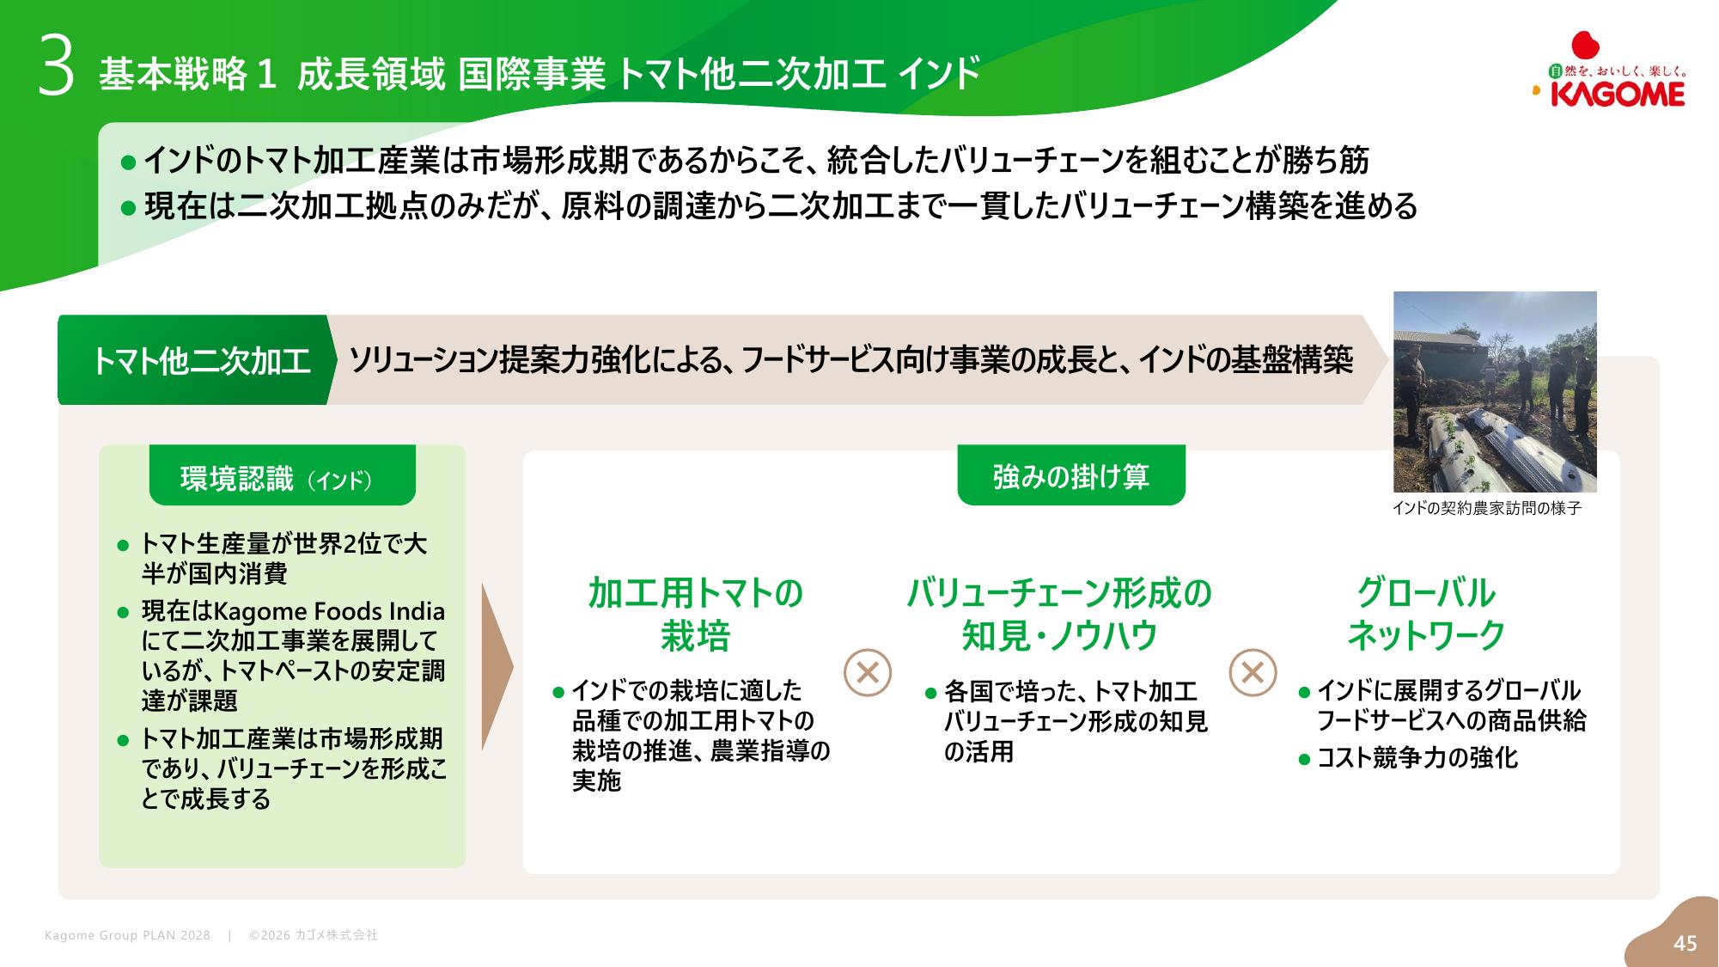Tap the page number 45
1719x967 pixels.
(x=1685, y=943)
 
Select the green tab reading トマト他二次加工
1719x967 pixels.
(x=196, y=360)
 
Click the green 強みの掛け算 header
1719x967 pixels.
(x=1071, y=475)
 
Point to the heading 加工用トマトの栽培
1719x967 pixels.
(x=695, y=614)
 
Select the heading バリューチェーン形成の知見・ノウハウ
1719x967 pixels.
(x=1059, y=614)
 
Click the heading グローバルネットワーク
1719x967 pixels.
(x=1426, y=614)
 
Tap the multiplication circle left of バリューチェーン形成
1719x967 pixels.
(x=868, y=672)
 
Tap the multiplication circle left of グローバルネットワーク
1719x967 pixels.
(x=1253, y=672)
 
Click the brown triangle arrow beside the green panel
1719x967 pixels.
(x=497, y=667)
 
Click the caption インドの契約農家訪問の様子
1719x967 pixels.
(x=1486, y=508)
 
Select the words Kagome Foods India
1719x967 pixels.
(x=329, y=611)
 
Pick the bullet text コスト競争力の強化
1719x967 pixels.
(x=1417, y=758)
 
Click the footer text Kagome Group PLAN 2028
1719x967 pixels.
(x=127, y=935)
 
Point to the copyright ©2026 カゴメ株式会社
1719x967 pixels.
(x=314, y=935)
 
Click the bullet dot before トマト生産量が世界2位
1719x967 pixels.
(x=123, y=545)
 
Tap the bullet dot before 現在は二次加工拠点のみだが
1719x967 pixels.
(x=129, y=207)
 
